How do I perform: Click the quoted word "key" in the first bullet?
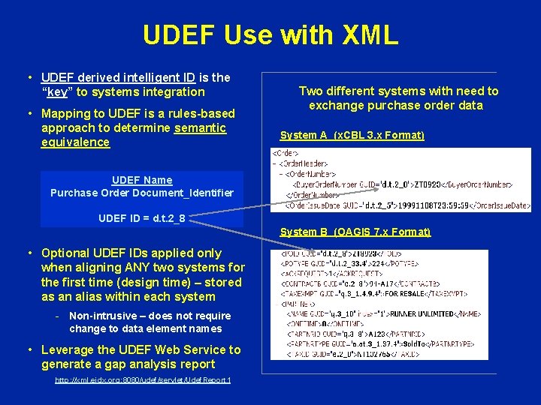tap(57, 91)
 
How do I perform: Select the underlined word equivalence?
tap(75, 142)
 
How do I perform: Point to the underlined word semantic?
tap(200, 128)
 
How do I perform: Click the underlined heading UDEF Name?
tap(142, 180)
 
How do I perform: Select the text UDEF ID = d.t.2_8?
tap(142, 219)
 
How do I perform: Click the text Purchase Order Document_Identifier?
tap(142, 193)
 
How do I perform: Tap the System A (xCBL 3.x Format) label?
tap(352, 136)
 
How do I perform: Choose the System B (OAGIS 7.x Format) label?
tap(355, 232)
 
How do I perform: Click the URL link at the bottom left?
tap(143, 380)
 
